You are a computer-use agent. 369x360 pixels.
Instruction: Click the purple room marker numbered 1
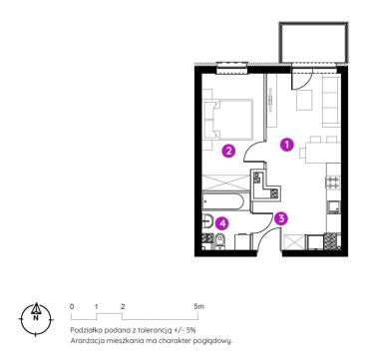[x=286, y=145]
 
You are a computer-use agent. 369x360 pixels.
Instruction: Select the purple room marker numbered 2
[x=228, y=152]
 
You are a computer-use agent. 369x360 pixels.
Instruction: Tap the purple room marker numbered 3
[x=281, y=218]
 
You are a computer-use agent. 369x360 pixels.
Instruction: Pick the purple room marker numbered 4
[x=222, y=223]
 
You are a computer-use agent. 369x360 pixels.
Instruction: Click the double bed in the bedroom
[x=228, y=120]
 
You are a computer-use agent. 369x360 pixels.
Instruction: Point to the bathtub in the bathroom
[x=223, y=201]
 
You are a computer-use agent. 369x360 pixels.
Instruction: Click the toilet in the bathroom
[x=219, y=240]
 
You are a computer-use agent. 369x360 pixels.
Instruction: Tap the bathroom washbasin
[x=207, y=221]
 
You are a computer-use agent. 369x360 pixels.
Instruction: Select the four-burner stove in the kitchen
[x=333, y=182]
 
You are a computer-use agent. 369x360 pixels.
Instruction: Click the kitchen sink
[x=333, y=207]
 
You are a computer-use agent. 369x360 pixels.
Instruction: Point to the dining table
[x=322, y=153]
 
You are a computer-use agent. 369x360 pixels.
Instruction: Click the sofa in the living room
[x=331, y=101]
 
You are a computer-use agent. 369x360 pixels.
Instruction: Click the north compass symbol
[x=35, y=319]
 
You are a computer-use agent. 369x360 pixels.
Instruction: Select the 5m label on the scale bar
[x=199, y=306]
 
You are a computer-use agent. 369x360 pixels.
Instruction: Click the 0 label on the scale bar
[x=72, y=306]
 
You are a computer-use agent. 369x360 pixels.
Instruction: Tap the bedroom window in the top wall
[x=232, y=69]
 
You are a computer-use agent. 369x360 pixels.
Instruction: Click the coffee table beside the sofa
[x=304, y=100]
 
